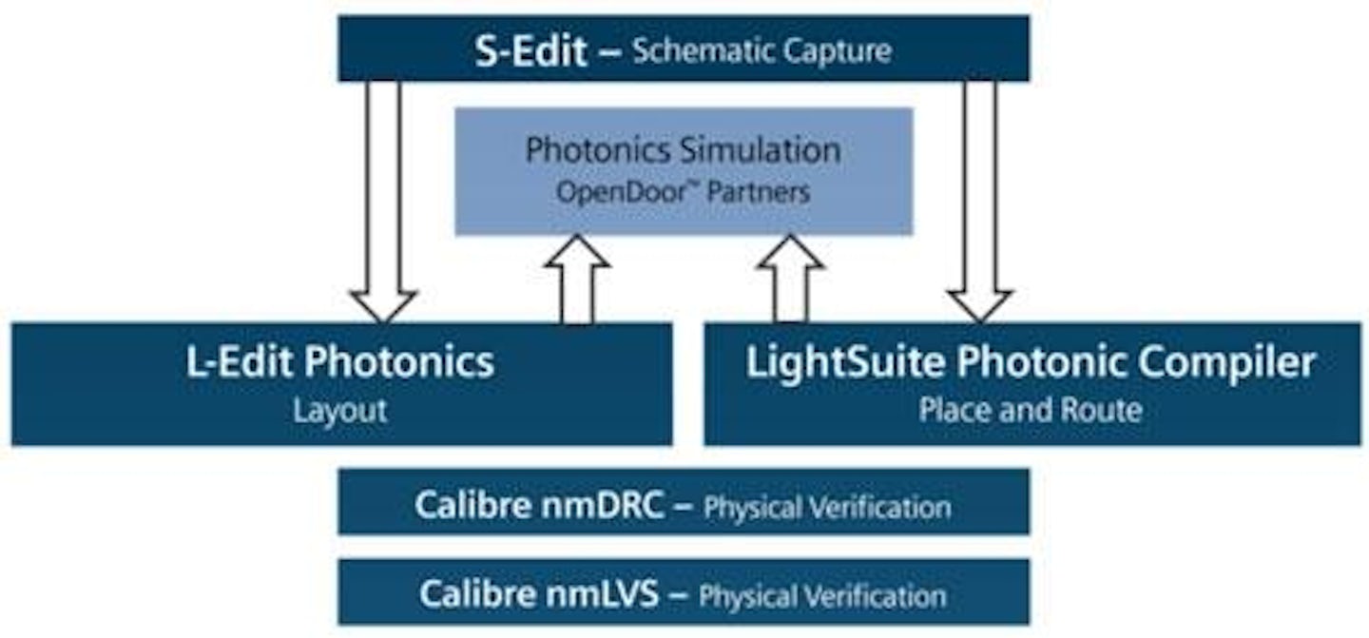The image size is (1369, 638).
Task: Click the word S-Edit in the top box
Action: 530,49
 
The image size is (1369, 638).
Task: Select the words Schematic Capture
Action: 762,50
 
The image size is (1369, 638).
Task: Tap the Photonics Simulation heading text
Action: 683,150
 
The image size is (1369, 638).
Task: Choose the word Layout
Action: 339,411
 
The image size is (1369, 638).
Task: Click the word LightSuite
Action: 846,363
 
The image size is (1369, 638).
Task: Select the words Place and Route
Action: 1030,411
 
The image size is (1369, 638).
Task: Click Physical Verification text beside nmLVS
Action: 822,596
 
